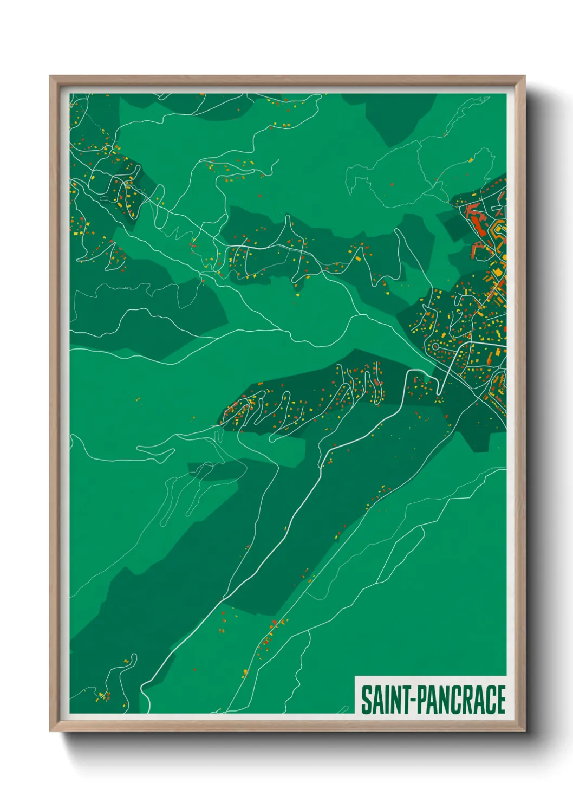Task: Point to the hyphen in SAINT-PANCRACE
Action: click(x=414, y=701)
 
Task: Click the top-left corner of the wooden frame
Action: click(x=51, y=77)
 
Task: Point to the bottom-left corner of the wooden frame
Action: click(x=51, y=730)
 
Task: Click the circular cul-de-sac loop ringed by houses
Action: click(x=435, y=346)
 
